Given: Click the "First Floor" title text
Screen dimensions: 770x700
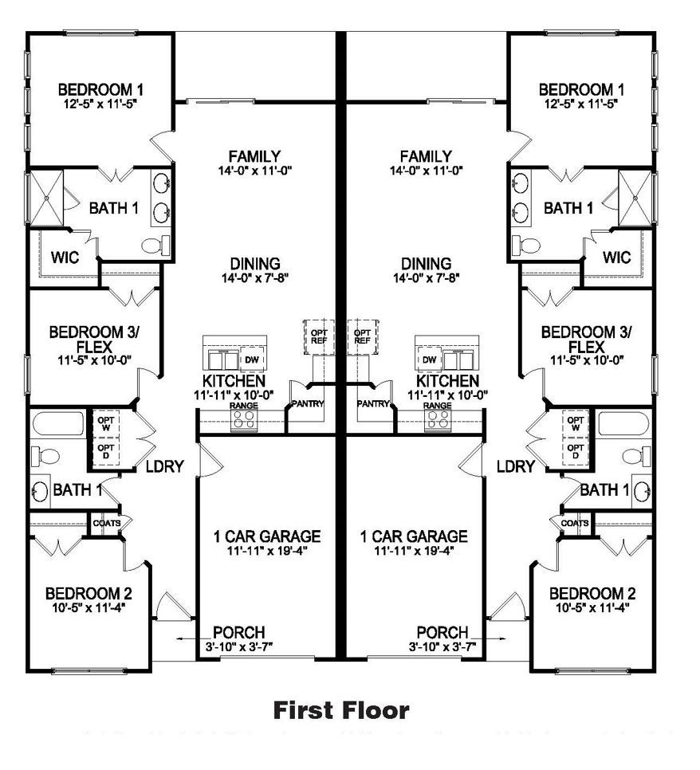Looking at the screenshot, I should [x=341, y=709].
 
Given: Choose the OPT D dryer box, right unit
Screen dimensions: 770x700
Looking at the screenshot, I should [x=575, y=452].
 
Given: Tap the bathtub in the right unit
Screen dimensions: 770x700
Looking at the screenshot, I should [x=626, y=423].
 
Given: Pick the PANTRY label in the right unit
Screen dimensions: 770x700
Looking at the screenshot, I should [x=372, y=404].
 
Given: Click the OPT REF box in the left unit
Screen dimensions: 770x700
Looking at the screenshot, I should [x=316, y=335].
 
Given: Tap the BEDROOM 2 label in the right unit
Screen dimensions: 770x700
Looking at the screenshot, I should [x=592, y=594].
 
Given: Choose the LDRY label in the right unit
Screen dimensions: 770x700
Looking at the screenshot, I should [x=515, y=467].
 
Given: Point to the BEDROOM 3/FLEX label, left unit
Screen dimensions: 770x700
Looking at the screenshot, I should [x=85, y=339].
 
